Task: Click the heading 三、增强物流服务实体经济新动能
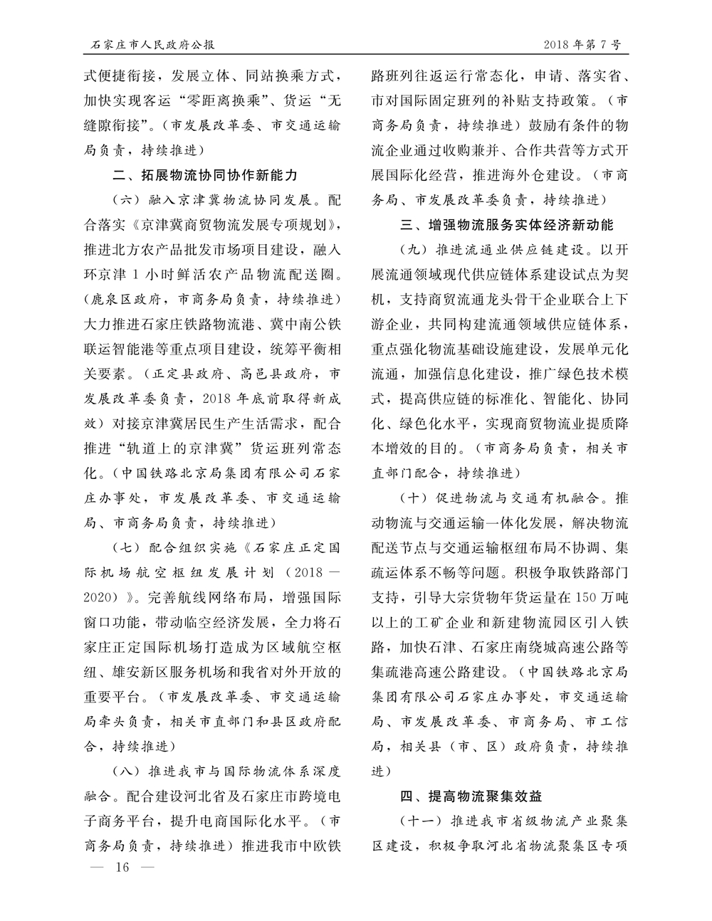click(x=506, y=225)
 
